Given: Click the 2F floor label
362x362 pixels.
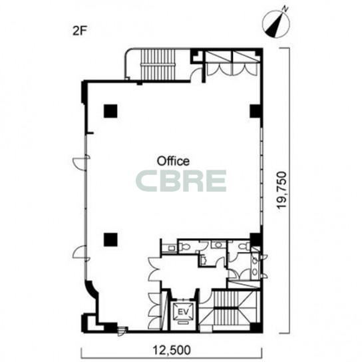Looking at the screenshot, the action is click(x=79, y=31).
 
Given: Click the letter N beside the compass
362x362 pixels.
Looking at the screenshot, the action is click(x=285, y=9).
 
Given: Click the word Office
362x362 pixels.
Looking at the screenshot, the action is click(x=173, y=161).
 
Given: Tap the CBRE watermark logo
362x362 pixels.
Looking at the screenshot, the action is click(x=181, y=181).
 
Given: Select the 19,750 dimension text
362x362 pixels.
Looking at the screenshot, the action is click(x=282, y=190).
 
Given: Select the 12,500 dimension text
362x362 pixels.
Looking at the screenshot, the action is click(x=172, y=350).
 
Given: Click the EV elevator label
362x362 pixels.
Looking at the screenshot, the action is click(x=184, y=311).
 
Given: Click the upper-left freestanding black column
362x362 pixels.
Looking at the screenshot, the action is click(x=110, y=111).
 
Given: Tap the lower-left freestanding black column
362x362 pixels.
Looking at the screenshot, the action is click(x=110, y=240).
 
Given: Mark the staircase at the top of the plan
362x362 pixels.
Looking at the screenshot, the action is click(x=157, y=65).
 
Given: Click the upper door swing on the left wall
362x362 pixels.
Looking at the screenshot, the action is click(x=81, y=162).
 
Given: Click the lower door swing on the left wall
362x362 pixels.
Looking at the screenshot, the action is click(x=80, y=252).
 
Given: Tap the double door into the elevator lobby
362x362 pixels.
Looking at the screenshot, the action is click(x=154, y=270).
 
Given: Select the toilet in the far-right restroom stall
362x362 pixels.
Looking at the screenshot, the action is click(x=244, y=246).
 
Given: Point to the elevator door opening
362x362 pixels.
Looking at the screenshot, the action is click(x=183, y=299).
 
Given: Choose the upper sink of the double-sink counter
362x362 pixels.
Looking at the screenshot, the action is click(x=255, y=261).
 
